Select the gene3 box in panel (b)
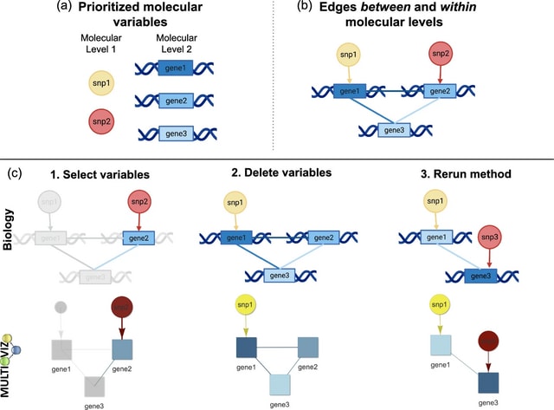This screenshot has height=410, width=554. tap(395, 130)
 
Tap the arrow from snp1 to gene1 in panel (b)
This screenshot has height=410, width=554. tap(349, 77)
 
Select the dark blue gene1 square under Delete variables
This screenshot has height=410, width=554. tap(248, 348)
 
